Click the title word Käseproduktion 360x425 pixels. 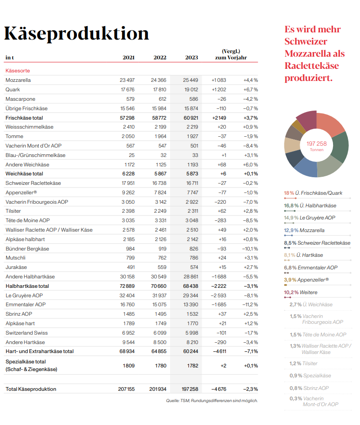click(x=76, y=33)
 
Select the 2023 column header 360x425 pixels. click(x=192, y=58)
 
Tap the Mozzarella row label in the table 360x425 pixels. click(x=18, y=80)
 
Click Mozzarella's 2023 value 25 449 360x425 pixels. click(x=190, y=80)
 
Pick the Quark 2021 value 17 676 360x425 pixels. click(x=128, y=89)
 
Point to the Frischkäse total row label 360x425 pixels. click(x=24, y=118)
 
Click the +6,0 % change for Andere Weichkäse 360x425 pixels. click(x=250, y=165)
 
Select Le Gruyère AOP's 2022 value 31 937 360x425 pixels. click(x=159, y=295)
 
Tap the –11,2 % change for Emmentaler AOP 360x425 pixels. click(x=250, y=304)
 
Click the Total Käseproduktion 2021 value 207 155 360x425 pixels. click(x=126, y=389)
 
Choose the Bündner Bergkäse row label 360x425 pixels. click(x=27, y=249)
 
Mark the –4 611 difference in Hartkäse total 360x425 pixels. click(x=220, y=351)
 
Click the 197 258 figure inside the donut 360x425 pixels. click(x=317, y=143)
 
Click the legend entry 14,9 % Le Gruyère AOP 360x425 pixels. click(x=310, y=218)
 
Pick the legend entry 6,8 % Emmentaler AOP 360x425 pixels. click(x=310, y=268)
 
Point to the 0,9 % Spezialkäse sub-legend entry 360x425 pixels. click(x=310, y=376)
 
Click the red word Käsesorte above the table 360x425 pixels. click(x=18, y=71)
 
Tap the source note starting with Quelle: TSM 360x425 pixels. click(x=212, y=401)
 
